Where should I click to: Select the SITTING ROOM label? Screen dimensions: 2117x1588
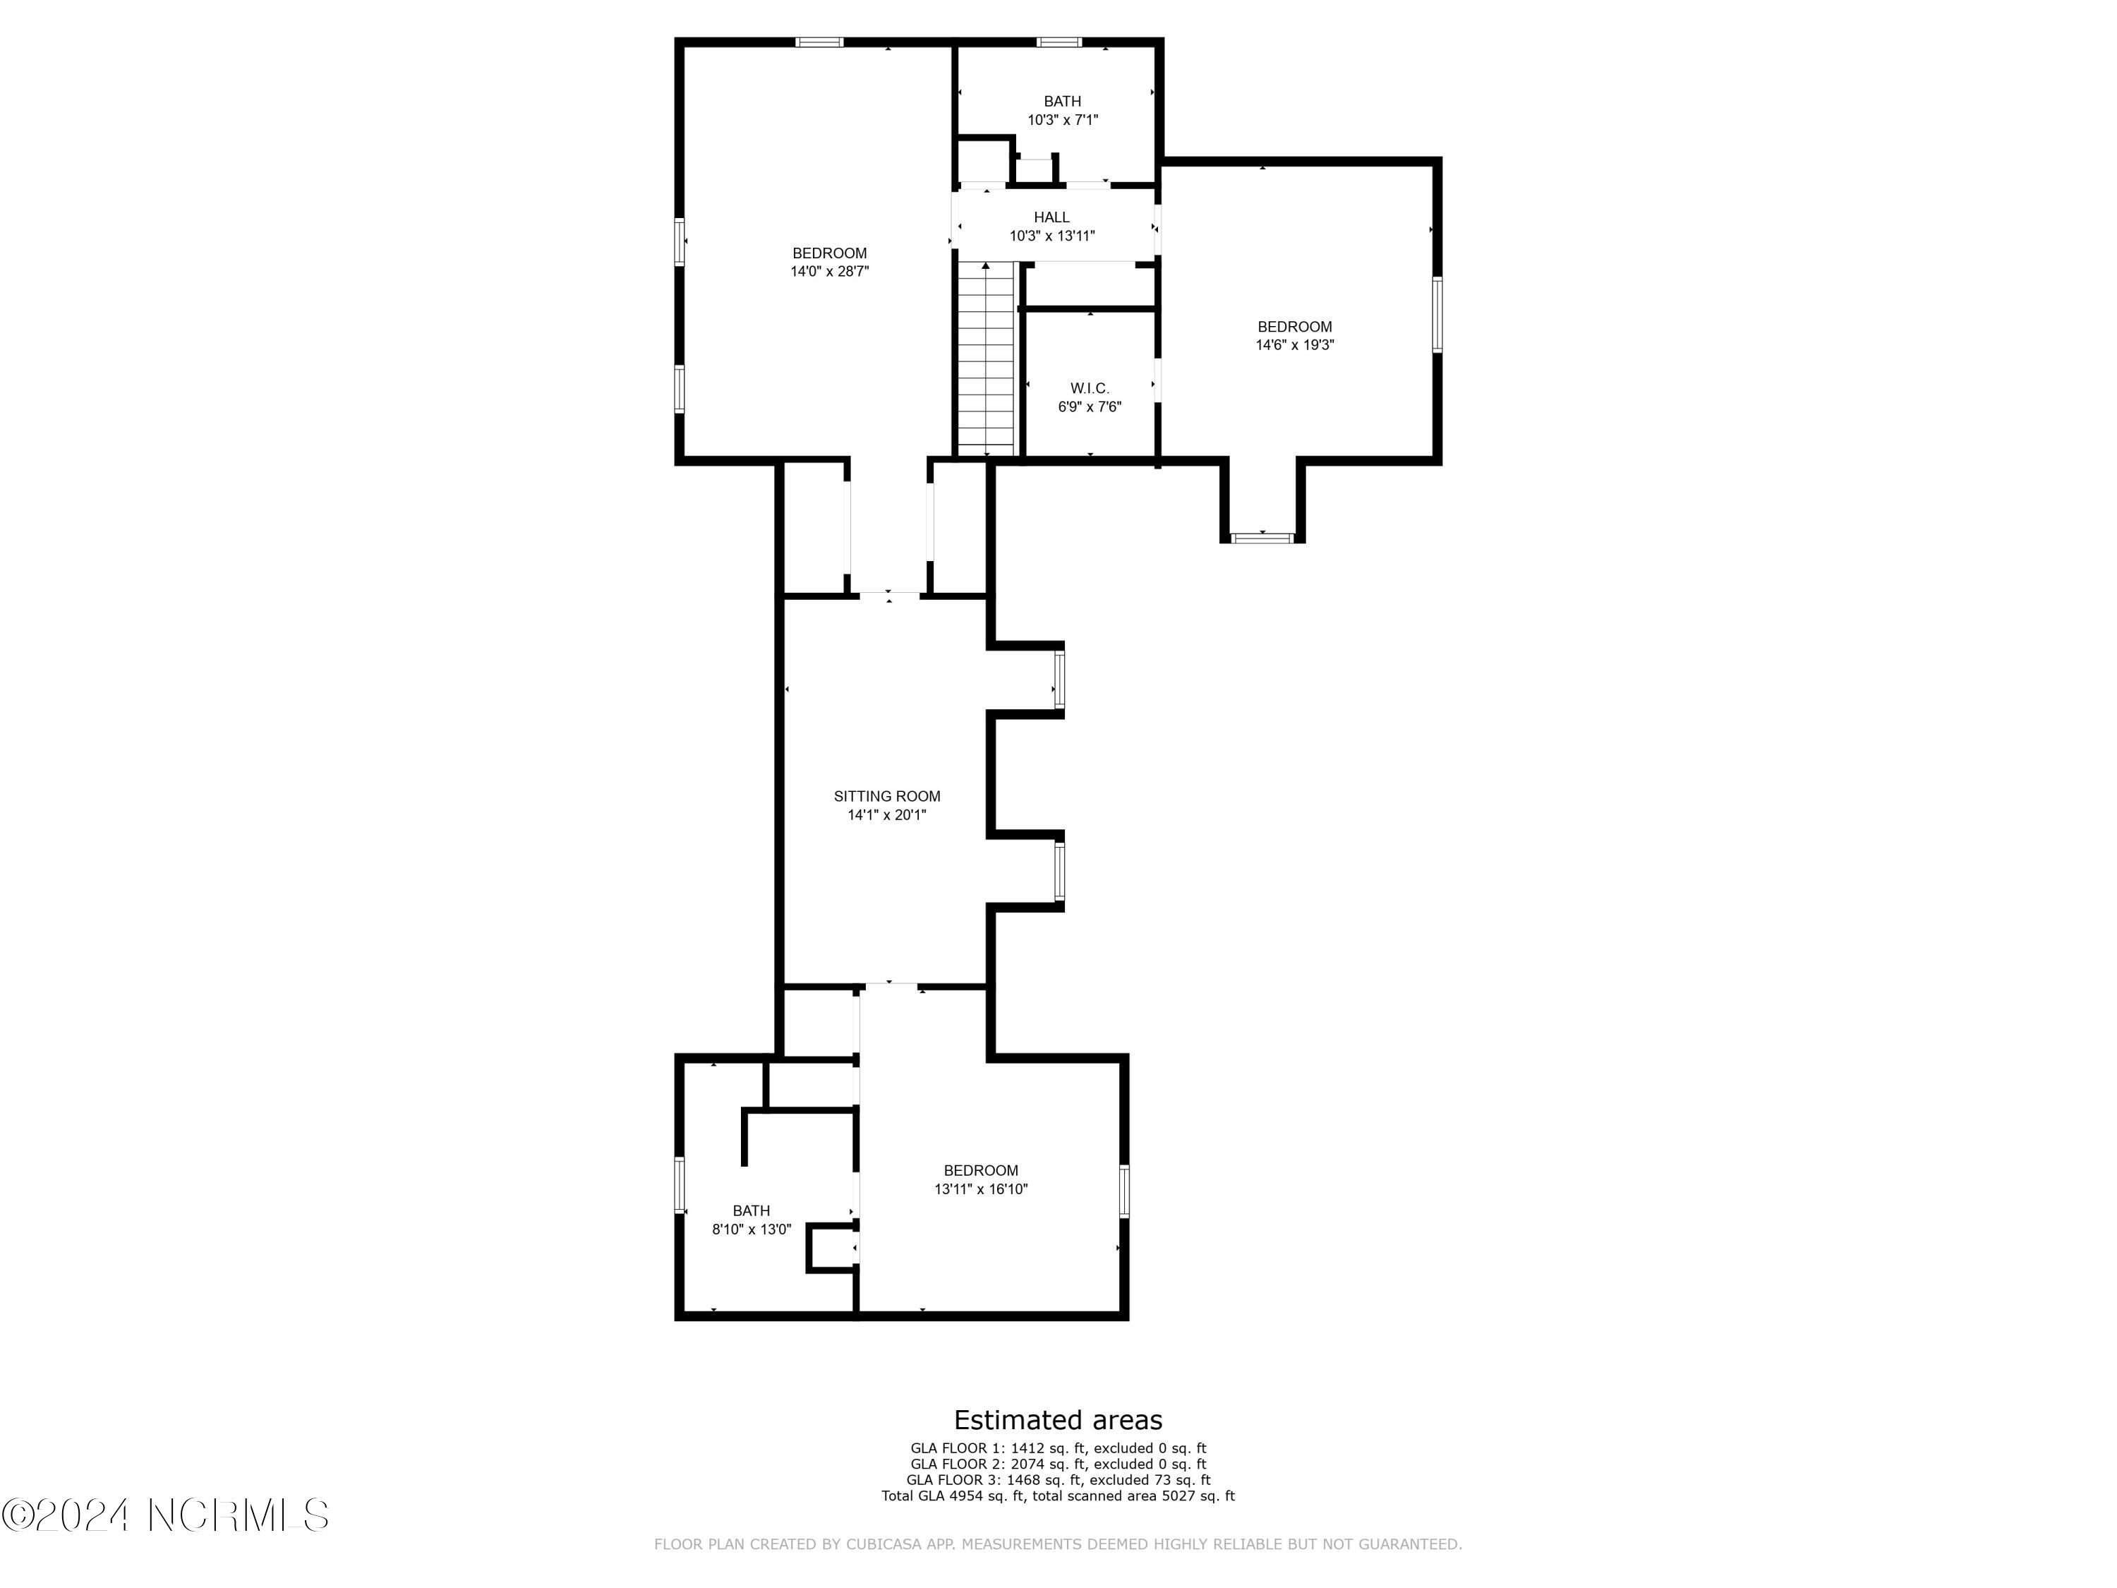tap(886, 796)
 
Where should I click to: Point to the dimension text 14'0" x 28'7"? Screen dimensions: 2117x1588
tap(829, 272)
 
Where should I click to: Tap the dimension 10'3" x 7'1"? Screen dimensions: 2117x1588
tap(1062, 121)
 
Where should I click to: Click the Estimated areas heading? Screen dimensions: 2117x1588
tap(1058, 1419)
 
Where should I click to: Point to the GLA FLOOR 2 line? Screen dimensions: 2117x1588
tap(1058, 1464)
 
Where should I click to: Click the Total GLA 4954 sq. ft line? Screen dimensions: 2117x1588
tap(1058, 1495)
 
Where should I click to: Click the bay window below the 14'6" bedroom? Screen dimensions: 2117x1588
tap(1262, 538)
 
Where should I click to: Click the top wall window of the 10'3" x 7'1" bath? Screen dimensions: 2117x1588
tap(1059, 42)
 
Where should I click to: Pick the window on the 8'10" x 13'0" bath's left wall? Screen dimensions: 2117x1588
tap(680, 1185)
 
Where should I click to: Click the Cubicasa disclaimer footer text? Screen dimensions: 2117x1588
tap(1058, 1544)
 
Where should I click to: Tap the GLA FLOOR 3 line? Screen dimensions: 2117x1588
tap(1058, 1480)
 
